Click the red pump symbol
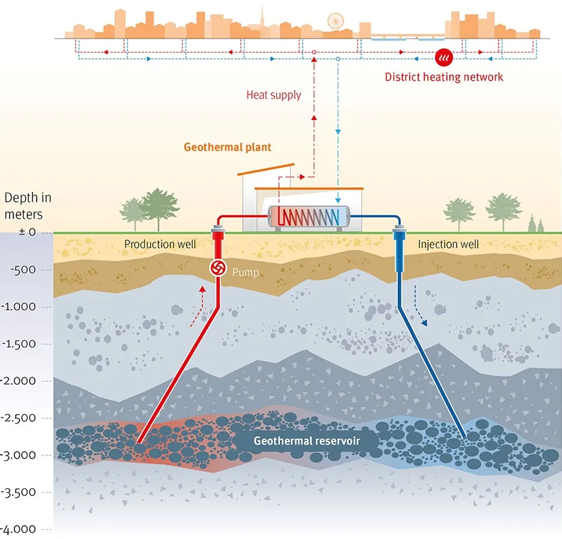(x=220, y=268)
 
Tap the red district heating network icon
(x=443, y=58)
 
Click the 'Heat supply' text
(x=274, y=95)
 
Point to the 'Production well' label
(x=160, y=244)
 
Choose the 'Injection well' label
(x=448, y=244)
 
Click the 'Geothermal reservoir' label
(x=307, y=440)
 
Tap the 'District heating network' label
(x=443, y=77)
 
